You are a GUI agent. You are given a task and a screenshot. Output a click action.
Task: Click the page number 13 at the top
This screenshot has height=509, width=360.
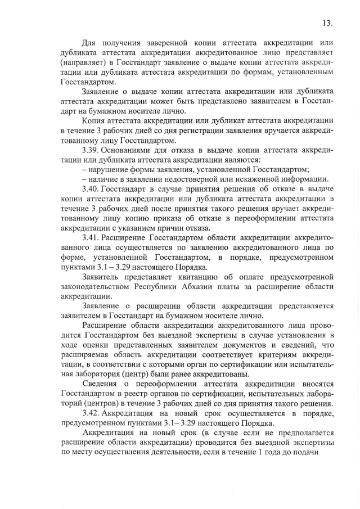coord(328,23)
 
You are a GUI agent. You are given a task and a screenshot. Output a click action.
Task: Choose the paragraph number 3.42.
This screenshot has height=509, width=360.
coord(91,413)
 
